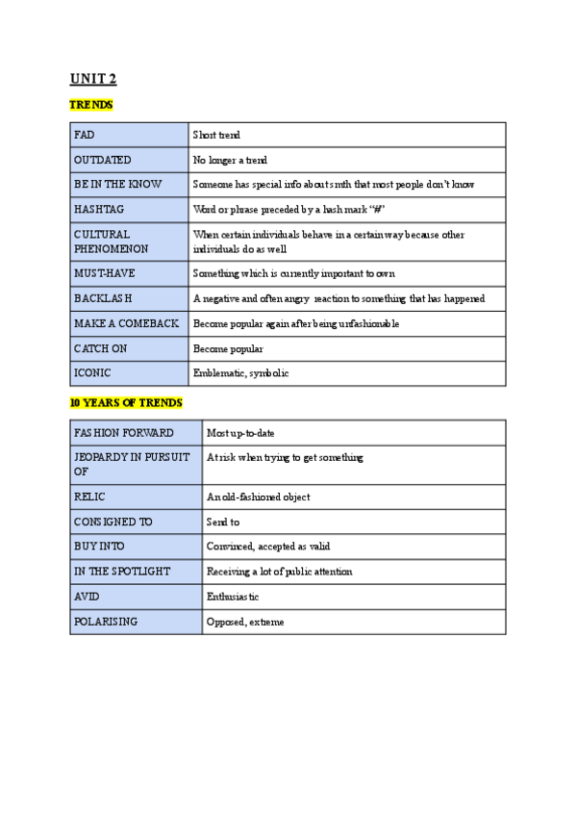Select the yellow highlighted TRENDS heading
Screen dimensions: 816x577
click(x=92, y=104)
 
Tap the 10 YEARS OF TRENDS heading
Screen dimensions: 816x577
click(x=126, y=401)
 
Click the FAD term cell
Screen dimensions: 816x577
click(x=129, y=135)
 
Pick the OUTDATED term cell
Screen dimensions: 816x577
click(x=129, y=160)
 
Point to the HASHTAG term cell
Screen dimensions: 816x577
click(x=129, y=209)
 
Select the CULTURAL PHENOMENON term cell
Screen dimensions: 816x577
click(x=129, y=241)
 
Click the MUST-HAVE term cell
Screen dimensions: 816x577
click(x=129, y=273)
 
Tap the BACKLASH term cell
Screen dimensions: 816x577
click(x=129, y=298)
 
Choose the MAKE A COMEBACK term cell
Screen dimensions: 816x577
click(x=129, y=323)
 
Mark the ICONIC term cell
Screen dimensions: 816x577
click(x=129, y=373)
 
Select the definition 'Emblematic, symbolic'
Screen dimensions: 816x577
click(x=240, y=373)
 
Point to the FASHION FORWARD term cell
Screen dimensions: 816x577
click(x=136, y=433)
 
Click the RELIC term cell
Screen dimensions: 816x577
click(x=136, y=497)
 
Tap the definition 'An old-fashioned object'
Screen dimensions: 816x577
click(x=258, y=497)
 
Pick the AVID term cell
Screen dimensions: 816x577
click(x=136, y=597)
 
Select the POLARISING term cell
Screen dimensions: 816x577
click(x=136, y=622)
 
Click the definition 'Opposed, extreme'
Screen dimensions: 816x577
click(x=245, y=623)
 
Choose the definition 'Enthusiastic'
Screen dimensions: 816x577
click(x=233, y=598)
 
